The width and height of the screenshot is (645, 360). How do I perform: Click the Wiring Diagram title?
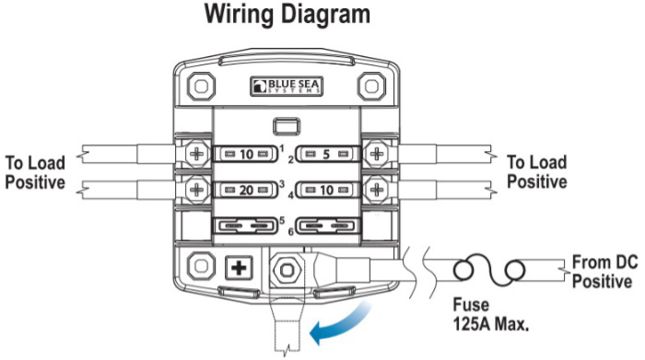[x=287, y=15]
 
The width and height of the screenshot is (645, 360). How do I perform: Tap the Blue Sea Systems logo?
[x=287, y=87]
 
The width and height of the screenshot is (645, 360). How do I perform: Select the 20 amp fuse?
[x=246, y=190]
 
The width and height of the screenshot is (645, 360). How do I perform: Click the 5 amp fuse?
[x=327, y=155]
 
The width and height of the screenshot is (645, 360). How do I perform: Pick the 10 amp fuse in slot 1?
[x=246, y=155]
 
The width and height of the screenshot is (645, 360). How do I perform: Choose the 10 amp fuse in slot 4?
[x=327, y=190]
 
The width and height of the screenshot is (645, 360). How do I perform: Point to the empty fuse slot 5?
[x=246, y=226]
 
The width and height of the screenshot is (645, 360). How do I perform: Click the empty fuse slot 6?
[x=327, y=226]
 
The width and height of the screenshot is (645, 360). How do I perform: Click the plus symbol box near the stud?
[x=239, y=269]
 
